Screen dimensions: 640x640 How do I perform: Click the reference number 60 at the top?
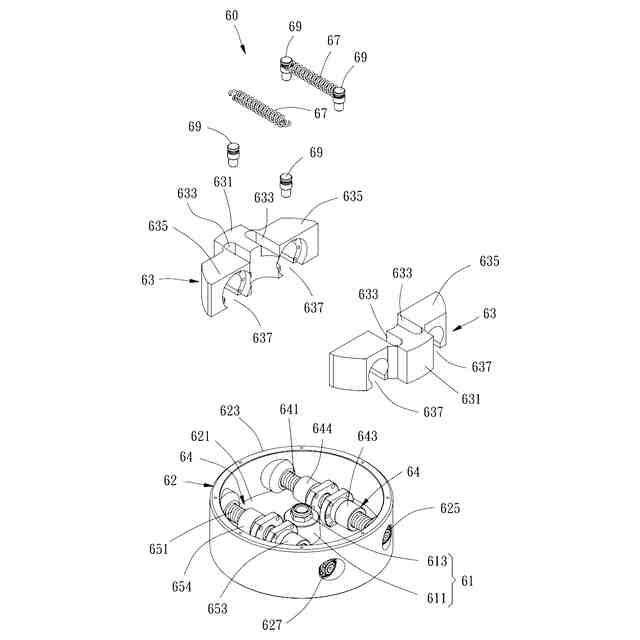point(231,17)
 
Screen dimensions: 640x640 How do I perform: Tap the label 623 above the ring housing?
point(230,411)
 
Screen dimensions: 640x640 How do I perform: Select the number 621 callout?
point(201,437)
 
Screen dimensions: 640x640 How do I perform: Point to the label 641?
point(289,409)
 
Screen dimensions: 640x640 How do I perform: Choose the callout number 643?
point(367,436)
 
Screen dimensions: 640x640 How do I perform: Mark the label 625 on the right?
point(450,508)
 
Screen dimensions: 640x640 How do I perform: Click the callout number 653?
point(217,608)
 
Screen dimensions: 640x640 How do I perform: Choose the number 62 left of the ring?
point(170,480)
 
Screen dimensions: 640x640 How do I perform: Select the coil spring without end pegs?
point(258,106)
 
